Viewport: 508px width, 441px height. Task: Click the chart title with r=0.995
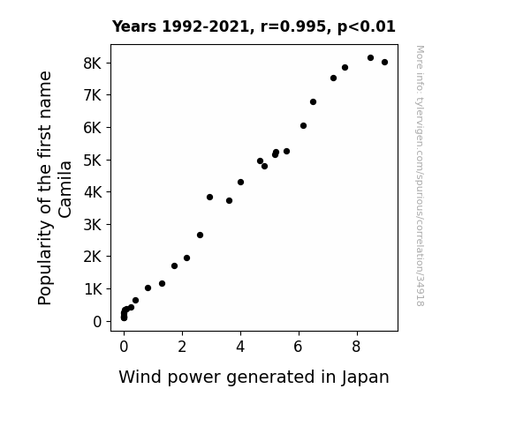[254, 26]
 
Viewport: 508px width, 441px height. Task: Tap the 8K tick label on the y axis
[93, 64]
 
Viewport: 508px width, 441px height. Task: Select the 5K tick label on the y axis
[93, 161]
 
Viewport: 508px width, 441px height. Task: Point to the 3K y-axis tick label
[93, 225]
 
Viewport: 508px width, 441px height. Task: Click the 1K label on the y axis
[93, 289]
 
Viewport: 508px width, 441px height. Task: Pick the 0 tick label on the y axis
[97, 322]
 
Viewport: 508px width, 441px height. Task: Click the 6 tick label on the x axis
[298, 347]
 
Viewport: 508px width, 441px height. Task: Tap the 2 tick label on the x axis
[182, 347]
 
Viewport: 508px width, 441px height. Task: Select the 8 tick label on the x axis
[356, 347]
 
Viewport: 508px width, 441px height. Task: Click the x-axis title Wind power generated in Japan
[254, 377]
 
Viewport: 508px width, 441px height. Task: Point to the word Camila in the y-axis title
[65, 190]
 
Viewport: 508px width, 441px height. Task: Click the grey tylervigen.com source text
[420, 176]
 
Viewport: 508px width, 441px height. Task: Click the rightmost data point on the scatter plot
[384, 62]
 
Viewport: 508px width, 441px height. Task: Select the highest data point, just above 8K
[371, 57]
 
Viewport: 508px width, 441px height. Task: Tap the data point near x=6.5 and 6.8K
[313, 102]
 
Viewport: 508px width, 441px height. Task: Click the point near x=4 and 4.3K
[240, 183]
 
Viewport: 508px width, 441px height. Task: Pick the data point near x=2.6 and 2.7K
[200, 235]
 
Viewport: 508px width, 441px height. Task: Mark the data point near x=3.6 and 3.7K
[229, 200]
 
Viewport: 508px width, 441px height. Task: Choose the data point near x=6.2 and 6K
[303, 125]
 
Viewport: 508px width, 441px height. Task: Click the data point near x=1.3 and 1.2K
[162, 283]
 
